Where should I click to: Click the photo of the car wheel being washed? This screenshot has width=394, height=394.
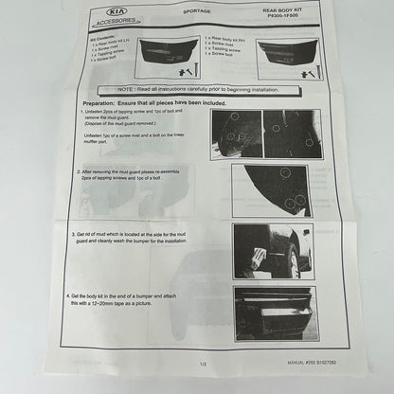click(x=274, y=251)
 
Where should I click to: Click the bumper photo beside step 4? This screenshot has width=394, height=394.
click(x=276, y=314)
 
